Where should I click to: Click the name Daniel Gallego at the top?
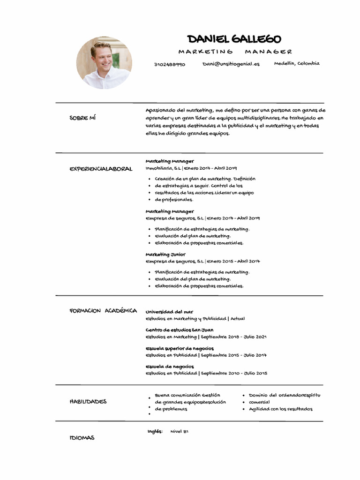pos(234,39)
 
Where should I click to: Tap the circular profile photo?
pos(104,63)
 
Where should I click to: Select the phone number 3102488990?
pos(169,64)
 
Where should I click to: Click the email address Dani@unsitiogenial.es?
pos(231,64)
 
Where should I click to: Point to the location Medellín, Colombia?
pos(297,63)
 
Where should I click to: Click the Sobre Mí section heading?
pos(82,118)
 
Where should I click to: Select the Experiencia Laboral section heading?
pos(101,169)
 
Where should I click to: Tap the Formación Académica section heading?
pos(103,311)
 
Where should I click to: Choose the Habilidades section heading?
pos(88,401)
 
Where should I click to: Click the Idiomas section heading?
pos(82,437)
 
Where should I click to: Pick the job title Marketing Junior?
pos(165,255)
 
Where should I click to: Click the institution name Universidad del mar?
pos(169,312)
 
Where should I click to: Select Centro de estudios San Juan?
pos(180,330)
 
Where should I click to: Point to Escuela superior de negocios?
pos(180,348)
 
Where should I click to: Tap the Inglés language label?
pos(155,431)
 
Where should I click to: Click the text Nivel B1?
pos(179,431)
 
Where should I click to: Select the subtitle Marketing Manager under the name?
pos(235,52)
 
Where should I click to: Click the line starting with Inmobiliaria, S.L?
pos(191,168)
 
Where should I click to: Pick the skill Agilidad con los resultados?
pos(280,409)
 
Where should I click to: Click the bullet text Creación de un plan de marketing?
pos(193,179)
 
